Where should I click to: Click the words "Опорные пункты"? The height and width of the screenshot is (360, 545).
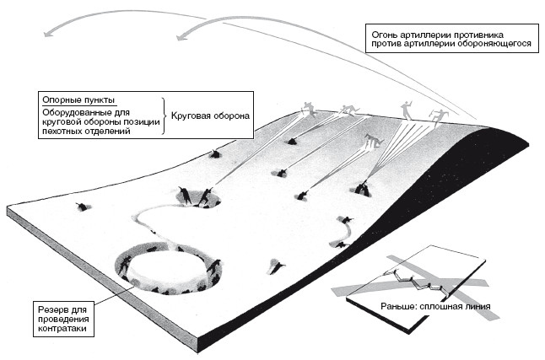[78, 100]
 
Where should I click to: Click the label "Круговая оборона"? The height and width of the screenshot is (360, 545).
[210, 116]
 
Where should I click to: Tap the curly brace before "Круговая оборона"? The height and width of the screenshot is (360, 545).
[164, 116]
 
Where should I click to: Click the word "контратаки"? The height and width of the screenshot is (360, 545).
[62, 328]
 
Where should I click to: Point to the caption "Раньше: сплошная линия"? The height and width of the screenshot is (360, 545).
[435, 307]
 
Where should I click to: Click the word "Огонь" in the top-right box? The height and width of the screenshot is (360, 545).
[385, 35]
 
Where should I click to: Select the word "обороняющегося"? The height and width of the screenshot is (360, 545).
[494, 44]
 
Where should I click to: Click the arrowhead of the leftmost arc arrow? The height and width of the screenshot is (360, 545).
[48, 33]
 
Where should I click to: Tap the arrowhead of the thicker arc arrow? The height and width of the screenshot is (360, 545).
[181, 36]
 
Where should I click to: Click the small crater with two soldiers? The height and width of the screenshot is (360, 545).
[198, 198]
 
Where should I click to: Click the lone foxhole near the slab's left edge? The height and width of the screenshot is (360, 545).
[83, 207]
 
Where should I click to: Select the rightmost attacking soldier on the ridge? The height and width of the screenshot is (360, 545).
[438, 117]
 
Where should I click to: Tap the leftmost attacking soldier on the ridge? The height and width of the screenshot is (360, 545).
[309, 109]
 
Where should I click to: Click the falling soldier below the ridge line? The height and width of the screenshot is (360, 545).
[374, 141]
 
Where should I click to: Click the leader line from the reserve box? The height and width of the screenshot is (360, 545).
[114, 296]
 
